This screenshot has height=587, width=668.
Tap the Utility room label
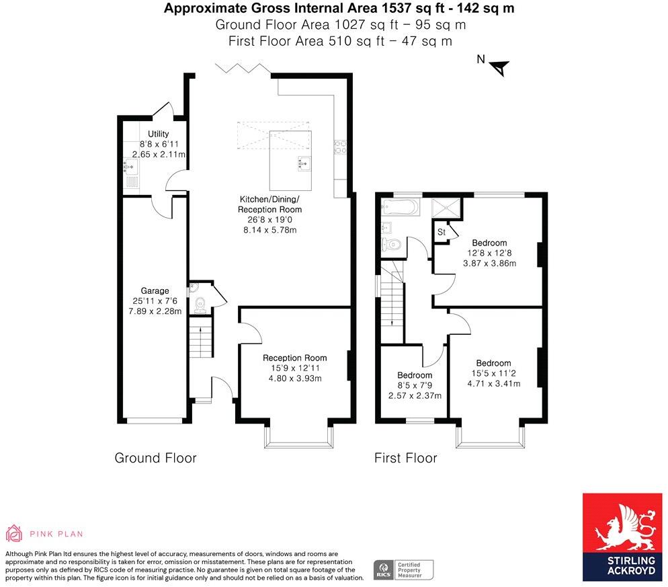(x=154, y=134)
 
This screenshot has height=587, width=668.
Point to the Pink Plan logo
(x=44, y=534)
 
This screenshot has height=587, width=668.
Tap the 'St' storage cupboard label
(x=442, y=232)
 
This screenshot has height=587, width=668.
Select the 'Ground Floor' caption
(x=155, y=458)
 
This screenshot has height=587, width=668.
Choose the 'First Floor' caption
(x=405, y=458)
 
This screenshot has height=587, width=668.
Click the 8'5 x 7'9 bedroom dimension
(x=415, y=385)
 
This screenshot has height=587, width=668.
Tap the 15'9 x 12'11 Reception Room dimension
(x=294, y=368)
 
